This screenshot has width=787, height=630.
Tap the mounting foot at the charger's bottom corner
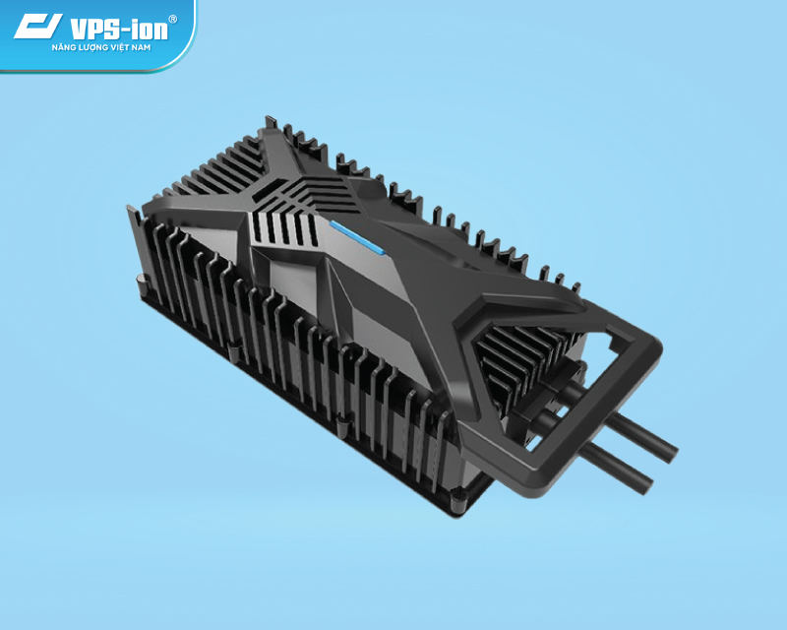tap(457, 504)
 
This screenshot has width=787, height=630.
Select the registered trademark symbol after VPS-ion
tap(173, 19)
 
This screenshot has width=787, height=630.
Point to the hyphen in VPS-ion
tap(124, 28)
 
